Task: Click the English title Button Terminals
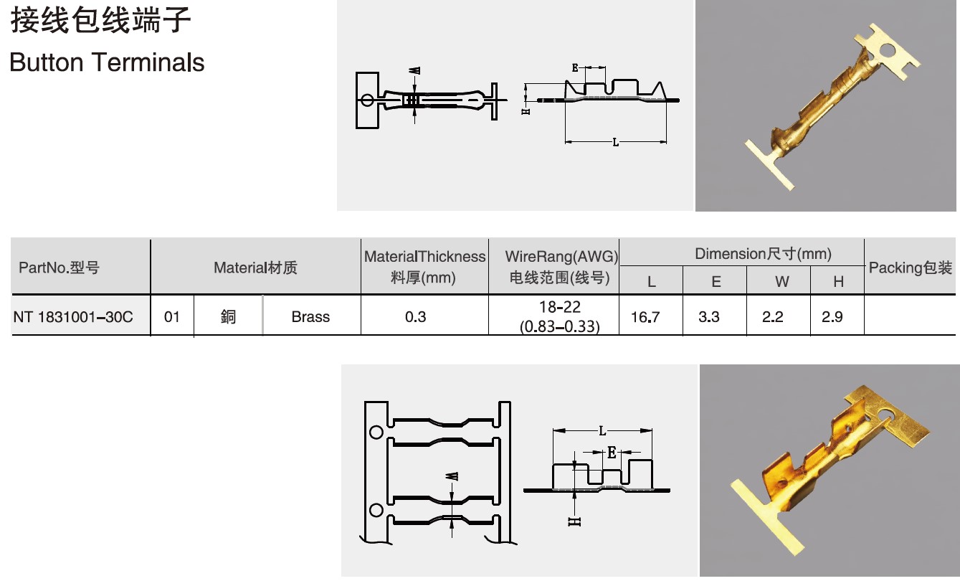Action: coord(107,62)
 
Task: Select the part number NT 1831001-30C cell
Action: coord(73,317)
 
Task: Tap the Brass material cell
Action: coord(310,317)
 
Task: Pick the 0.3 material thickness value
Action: coord(415,317)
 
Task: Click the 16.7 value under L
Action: coord(645,317)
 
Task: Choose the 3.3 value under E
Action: coord(709,317)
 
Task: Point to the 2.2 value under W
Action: coord(772,317)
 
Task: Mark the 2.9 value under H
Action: coord(832,317)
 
